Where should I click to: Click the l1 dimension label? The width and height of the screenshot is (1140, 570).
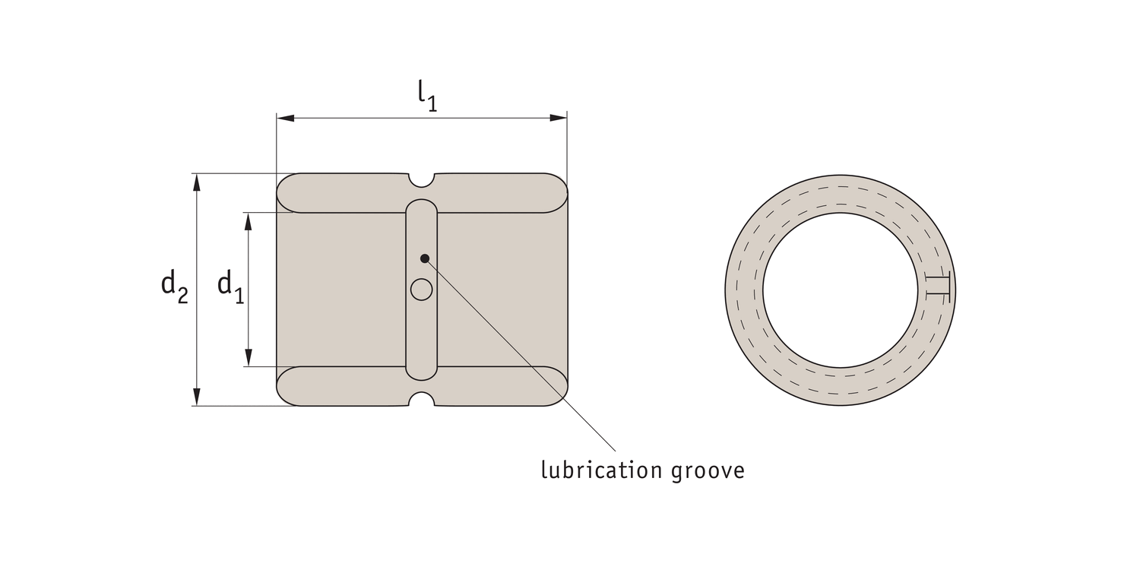click(x=427, y=96)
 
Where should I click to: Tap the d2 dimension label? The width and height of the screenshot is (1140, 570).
click(x=174, y=286)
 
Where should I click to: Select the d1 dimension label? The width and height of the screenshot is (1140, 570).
click(x=230, y=286)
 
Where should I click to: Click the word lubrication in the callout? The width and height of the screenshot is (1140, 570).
click(x=601, y=470)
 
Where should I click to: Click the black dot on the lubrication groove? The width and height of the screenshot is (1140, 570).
click(x=424, y=258)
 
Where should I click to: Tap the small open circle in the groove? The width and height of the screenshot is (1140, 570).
click(x=421, y=290)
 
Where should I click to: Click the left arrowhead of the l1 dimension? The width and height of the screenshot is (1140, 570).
click(x=286, y=118)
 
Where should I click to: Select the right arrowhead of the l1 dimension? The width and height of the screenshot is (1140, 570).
click(x=559, y=118)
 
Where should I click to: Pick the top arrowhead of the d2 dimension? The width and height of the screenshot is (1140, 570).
click(x=197, y=182)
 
